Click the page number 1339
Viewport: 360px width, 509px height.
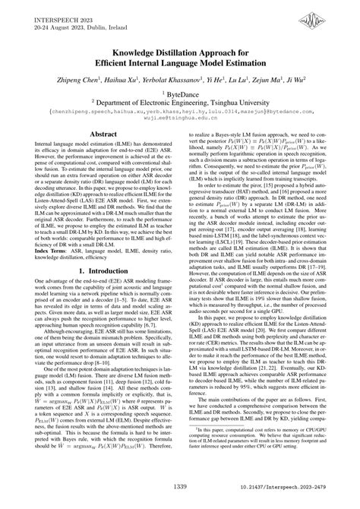[x=180, y=488]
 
